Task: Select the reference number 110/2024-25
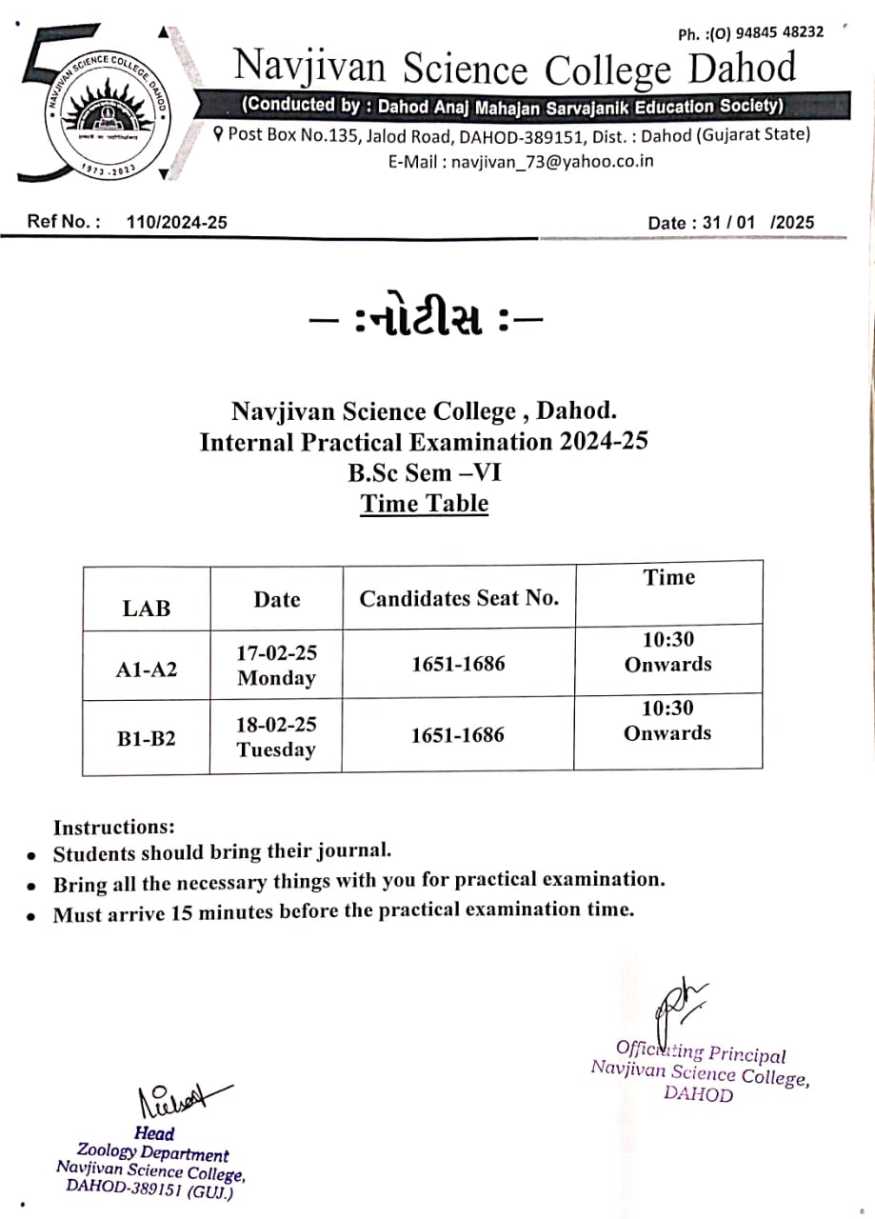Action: click(176, 222)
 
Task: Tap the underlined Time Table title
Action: click(424, 504)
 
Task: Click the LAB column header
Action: click(147, 609)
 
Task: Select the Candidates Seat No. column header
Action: click(459, 598)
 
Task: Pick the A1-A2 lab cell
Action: click(147, 669)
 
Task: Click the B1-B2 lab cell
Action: click(147, 738)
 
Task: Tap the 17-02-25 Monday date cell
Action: click(276, 665)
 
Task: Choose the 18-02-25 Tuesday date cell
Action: click(276, 736)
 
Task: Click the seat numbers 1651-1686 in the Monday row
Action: click(458, 664)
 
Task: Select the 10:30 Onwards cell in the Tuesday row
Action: click(667, 720)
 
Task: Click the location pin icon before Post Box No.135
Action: click(219, 134)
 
